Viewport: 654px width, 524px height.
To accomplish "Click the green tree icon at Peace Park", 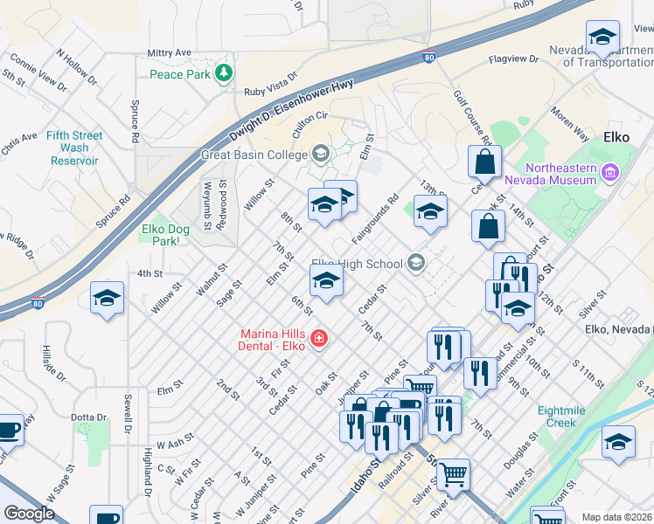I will pos(225,74).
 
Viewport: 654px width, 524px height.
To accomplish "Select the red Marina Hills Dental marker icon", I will pos(319,337).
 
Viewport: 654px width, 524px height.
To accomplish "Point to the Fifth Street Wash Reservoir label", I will pos(74,148).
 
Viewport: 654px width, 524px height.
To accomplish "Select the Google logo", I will pos(29,514).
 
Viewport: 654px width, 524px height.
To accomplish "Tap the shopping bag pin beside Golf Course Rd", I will pos(484,162).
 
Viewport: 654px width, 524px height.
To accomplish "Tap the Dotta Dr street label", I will pos(88,417).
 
